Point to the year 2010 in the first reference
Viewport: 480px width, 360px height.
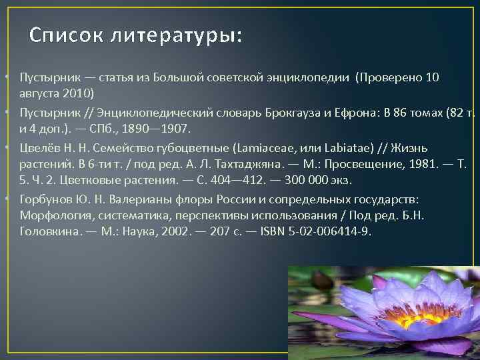coord(79,93)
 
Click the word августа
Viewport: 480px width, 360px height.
coord(41,93)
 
